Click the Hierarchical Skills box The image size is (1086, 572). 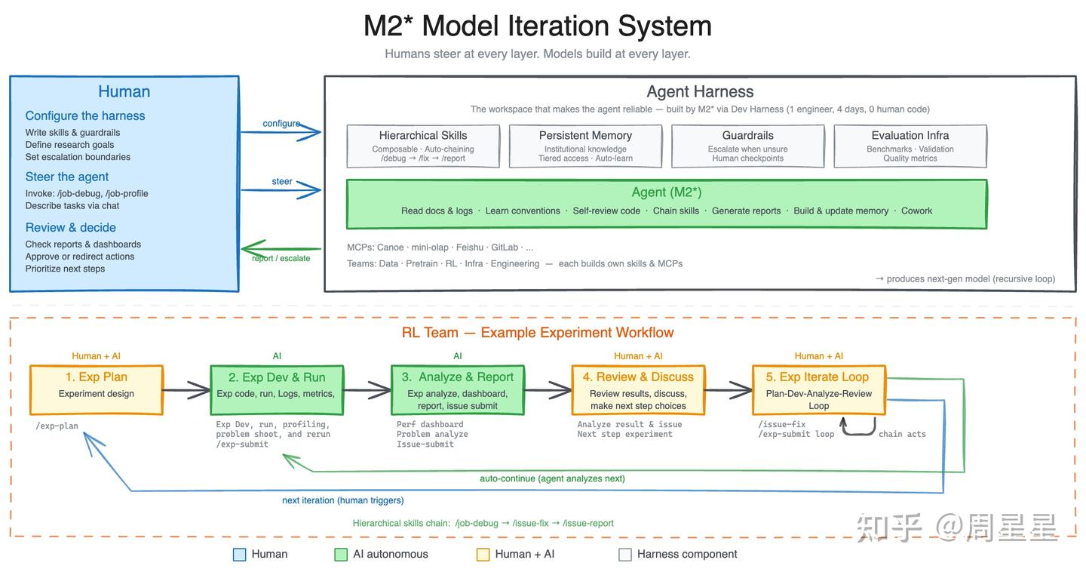pyautogui.click(x=423, y=146)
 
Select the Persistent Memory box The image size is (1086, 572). pyautogui.click(x=585, y=146)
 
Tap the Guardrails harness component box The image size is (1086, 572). pyautogui.click(x=747, y=146)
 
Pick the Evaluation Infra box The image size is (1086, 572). pyautogui.click(x=910, y=146)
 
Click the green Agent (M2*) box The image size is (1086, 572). pyautogui.click(x=667, y=204)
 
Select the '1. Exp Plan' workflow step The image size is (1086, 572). pyautogui.click(x=97, y=390)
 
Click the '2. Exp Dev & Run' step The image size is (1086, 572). pyautogui.click(x=277, y=390)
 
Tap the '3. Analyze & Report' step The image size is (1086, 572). pyautogui.click(x=458, y=390)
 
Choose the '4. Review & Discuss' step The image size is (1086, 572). pyautogui.click(x=638, y=390)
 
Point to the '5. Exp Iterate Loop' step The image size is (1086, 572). pyautogui.click(x=819, y=390)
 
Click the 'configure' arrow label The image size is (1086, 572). pyautogui.click(x=281, y=123)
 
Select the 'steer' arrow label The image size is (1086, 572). pyautogui.click(x=282, y=181)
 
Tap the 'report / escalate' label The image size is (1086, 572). pyautogui.click(x=281, y=258)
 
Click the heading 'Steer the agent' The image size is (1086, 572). pyautogui.click(x=67, y=177)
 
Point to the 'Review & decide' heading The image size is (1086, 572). pyautogui.click(x=71, y=228)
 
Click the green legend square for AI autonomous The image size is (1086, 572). pyautogui.click(x=341, y=555)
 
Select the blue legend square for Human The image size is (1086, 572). pyautogui.click(x=240, y=555)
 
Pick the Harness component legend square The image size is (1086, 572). pyautogui.click(x=625, y=555)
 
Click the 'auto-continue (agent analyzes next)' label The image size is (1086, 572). pyautogui.click(x=552, y=478)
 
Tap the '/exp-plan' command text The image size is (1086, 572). pyautogui.click(x=57, y=426)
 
